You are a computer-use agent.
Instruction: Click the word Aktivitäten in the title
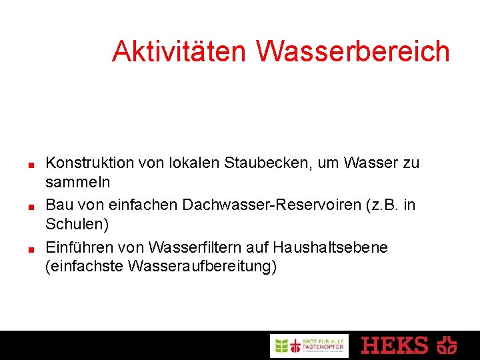click(179, 51)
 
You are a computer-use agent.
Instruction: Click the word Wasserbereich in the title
click(353, 51)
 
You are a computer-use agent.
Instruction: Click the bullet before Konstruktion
click(31, 164)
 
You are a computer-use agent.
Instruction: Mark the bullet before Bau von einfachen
click(31, 207)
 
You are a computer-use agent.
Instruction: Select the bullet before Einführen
click(31, 249)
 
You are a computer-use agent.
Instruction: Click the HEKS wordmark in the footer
click(395, 345)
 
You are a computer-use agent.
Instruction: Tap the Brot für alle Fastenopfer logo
click(309, 345)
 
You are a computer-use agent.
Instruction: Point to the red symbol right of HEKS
click(447, 345)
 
